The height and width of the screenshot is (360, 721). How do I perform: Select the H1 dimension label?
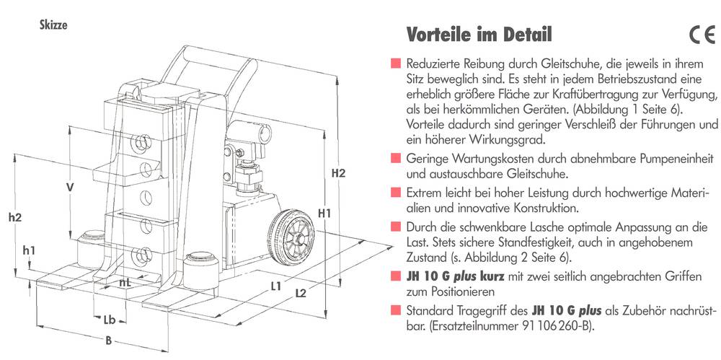pyautogui.click(x=324, y=213)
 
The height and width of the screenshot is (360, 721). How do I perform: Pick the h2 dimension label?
pyautogui.click(x=15, y=216)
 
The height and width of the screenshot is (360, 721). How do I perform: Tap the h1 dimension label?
pyautogui.click(x=29, y=250)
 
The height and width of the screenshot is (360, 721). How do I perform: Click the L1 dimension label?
pyautogui.click(x=275, y=286)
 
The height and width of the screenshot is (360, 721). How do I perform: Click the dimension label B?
pyautogui.click(x=108, y=341)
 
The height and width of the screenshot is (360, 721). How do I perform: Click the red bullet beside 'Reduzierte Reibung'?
pyautogui.click(x=396, y=63)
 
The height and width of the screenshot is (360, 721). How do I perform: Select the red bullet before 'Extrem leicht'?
pyautogui.click(x=396, y=193)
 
